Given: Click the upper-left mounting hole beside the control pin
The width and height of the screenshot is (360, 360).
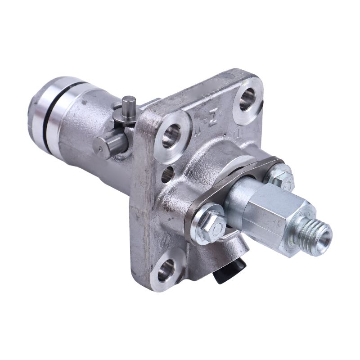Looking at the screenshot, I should click(171, 135).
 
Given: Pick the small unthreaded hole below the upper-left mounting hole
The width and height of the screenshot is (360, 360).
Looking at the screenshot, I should click(166, 175).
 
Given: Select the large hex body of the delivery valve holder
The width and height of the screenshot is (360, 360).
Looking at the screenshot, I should click(274, 211).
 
